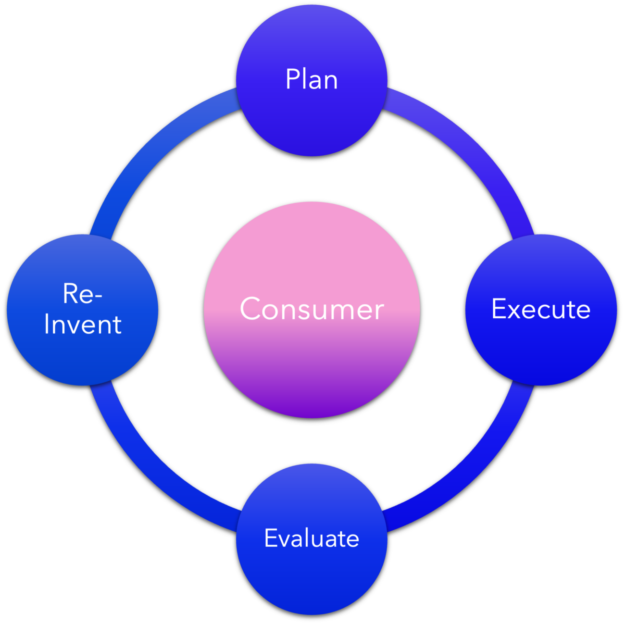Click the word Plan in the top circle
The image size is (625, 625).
312,79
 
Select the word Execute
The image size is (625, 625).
541,309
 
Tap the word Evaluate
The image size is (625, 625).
312,538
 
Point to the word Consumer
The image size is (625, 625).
312,309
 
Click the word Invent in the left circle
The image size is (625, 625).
83,325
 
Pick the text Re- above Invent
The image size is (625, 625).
83,293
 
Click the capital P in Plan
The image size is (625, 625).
292,79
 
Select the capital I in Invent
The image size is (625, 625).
47,325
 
